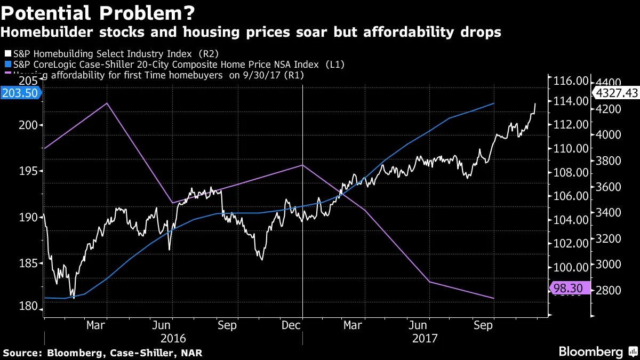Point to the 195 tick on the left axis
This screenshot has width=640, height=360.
(x=30, y=171)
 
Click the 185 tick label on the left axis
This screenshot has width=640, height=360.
(x=30, y=263)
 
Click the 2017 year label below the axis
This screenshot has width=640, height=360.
(x=425, y=338)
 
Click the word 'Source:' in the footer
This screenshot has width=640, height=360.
(x=22, y=353)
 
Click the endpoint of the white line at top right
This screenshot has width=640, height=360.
(x=535, y=103)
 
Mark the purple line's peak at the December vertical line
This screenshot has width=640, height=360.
(x=302, y=165)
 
